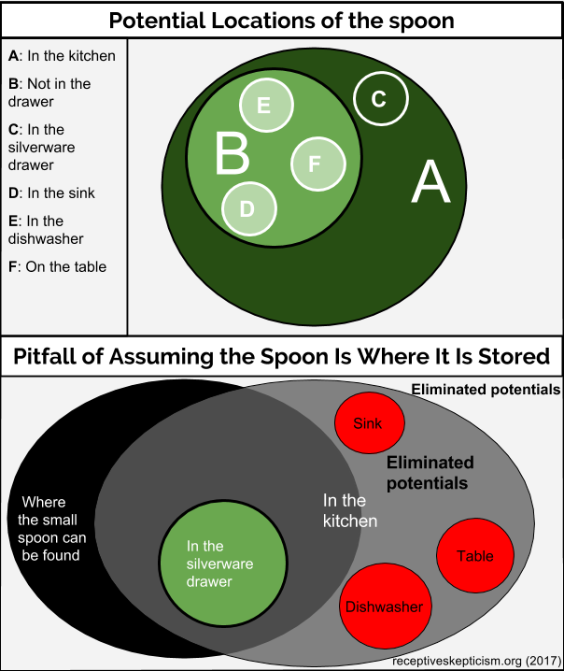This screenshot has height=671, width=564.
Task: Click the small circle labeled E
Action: [266, 106]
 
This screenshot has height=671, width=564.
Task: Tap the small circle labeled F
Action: [318, 164]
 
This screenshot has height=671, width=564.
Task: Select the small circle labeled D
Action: [249, 208]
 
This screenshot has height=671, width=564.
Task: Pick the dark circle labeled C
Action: [381, 98]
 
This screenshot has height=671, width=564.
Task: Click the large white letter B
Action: [233, 153]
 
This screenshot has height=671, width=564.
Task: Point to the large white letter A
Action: [430, 181]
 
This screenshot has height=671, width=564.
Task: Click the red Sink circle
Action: [370, 422]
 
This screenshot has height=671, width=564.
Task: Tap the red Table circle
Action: [475, 555]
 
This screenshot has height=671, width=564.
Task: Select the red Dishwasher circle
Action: [386, 606]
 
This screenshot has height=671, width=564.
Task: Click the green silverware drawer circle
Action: [223, 564]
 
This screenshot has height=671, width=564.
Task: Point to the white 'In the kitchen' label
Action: [350, 510]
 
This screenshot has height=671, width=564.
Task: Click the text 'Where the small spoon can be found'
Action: [51, 529]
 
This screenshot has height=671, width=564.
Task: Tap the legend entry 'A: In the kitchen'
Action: [62, 56]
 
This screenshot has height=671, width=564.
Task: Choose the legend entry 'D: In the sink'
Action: [51, 193]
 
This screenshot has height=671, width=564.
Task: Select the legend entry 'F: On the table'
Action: [57, 266]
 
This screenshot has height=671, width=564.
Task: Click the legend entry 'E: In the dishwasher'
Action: [46, 230]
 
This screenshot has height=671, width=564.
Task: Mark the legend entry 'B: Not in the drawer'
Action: [49, 93]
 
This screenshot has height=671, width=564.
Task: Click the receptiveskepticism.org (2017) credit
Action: [476, 661]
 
